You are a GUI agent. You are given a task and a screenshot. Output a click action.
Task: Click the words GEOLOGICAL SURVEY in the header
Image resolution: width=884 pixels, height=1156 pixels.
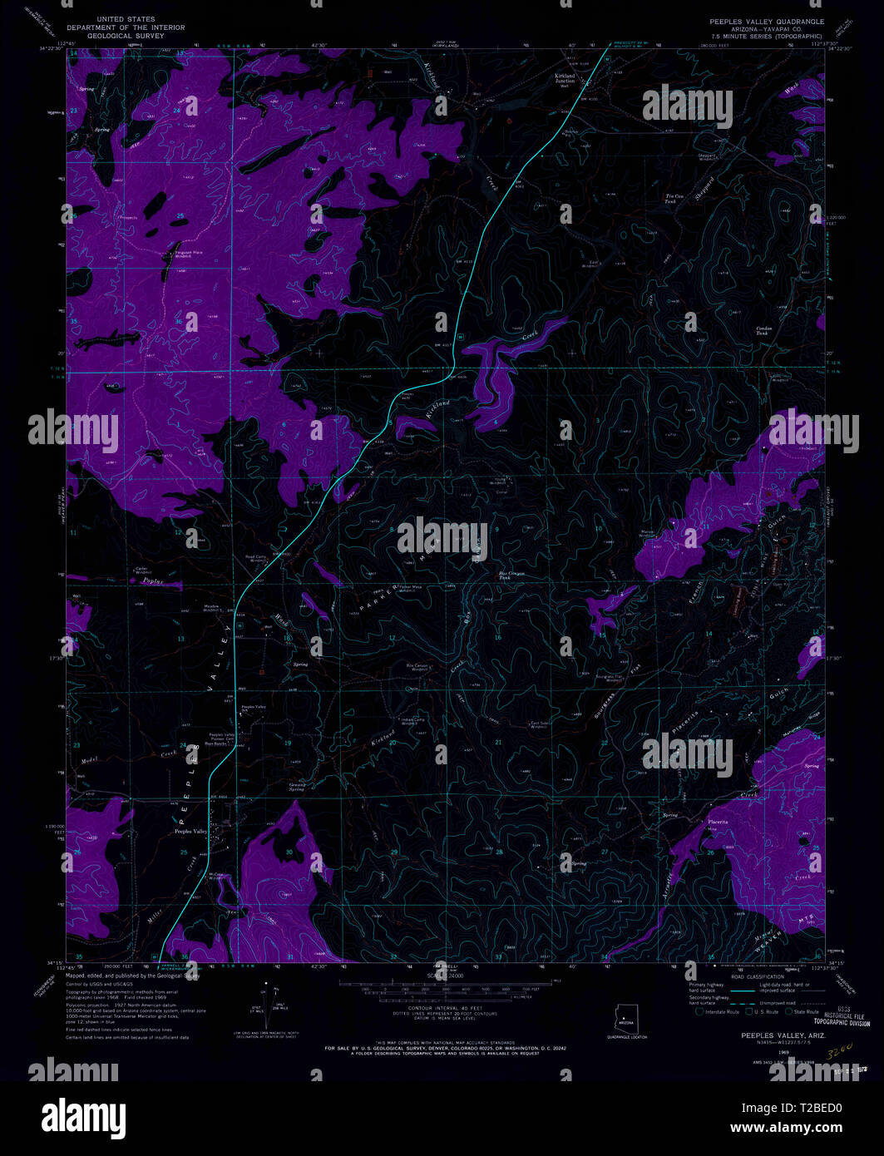coord(126,38)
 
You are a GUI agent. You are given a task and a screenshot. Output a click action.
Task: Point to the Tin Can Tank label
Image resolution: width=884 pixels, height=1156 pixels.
coord(674,199)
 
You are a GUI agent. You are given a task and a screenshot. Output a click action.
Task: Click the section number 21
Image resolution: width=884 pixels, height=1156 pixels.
coord(498,742)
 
